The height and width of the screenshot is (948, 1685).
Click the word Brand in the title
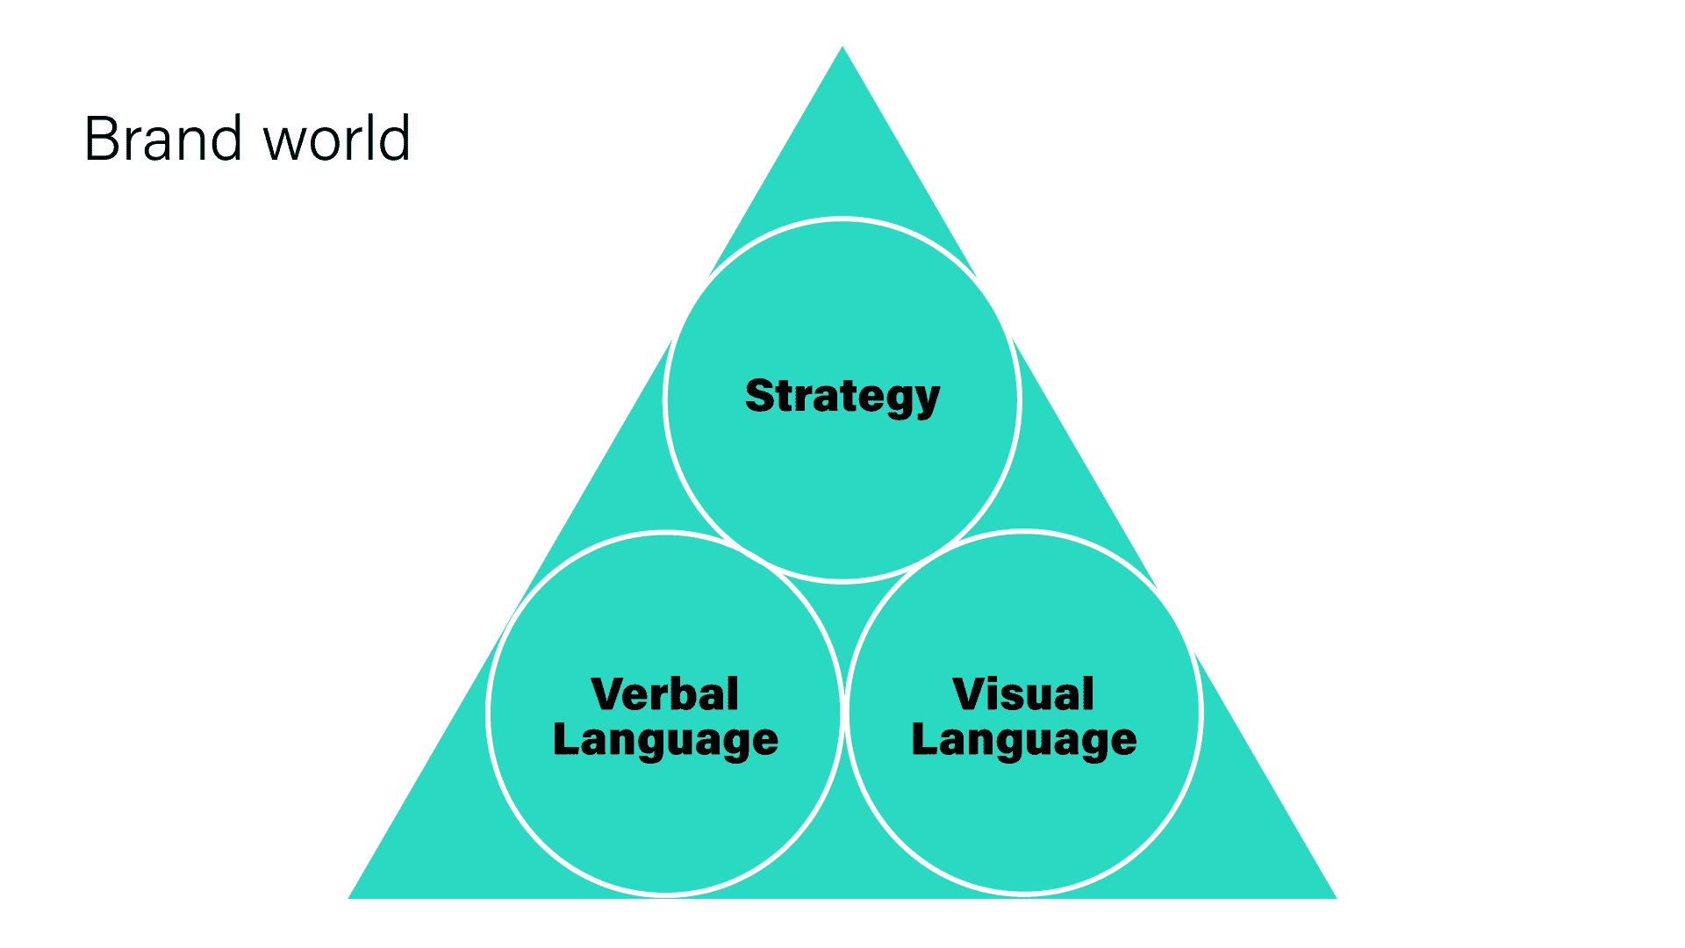163,139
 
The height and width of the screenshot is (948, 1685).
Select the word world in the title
337,139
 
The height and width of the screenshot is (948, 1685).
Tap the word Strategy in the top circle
842,396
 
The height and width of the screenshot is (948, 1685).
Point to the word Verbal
665,693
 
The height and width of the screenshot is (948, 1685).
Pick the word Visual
1023,693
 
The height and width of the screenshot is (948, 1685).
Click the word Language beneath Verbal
665,739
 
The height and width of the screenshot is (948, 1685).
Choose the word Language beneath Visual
1024,739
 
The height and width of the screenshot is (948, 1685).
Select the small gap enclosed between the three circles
843,614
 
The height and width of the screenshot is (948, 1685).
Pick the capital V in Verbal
609,693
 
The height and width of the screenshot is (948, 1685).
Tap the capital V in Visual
971,693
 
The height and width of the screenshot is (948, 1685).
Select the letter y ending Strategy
927,400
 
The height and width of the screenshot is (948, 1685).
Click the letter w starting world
283,142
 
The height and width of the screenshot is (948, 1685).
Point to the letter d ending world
396,139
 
